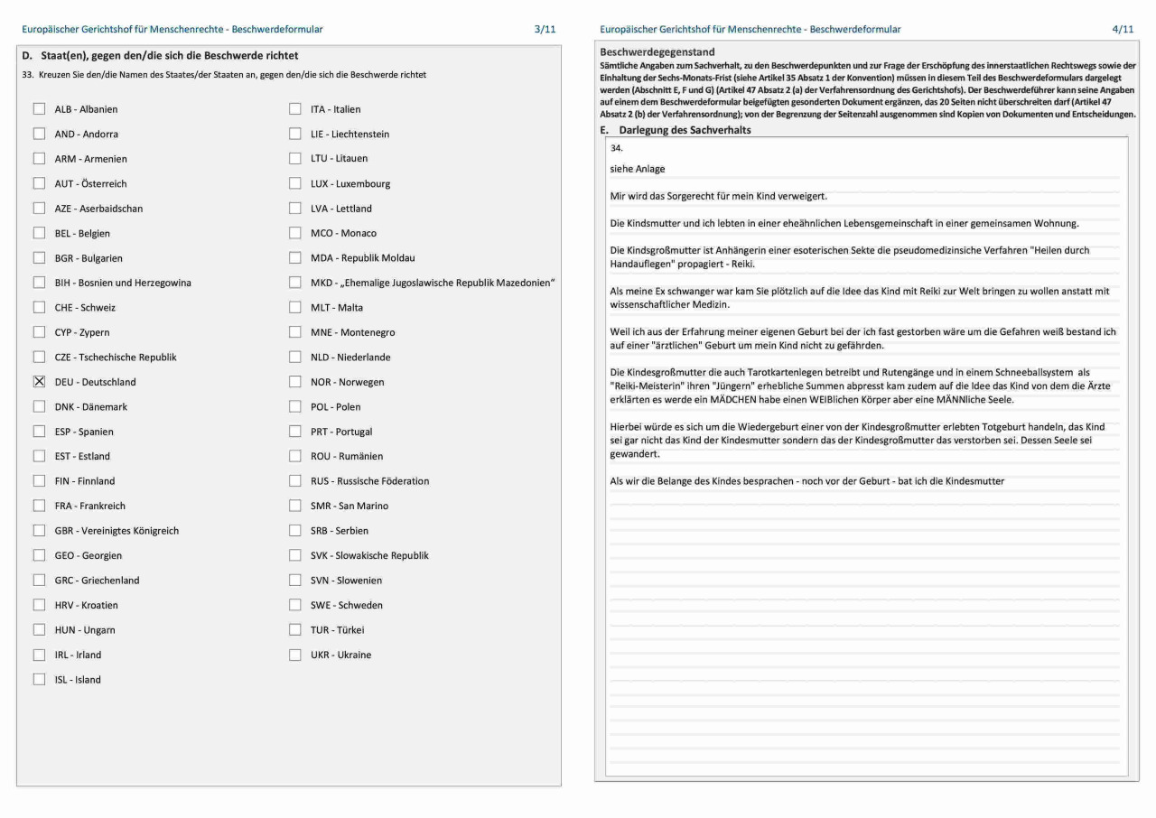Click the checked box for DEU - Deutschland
39,382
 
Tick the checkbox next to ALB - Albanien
39,109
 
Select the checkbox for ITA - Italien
295,109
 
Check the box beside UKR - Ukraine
295,655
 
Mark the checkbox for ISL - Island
39,680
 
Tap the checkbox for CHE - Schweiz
39,308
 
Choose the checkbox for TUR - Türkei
295,630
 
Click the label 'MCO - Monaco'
343,233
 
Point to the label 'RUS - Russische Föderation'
369,481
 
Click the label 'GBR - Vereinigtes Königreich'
117,531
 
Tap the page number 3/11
545,30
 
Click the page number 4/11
1123,30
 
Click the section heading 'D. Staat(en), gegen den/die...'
160,56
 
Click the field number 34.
617,147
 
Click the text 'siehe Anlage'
638,169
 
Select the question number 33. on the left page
26,75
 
